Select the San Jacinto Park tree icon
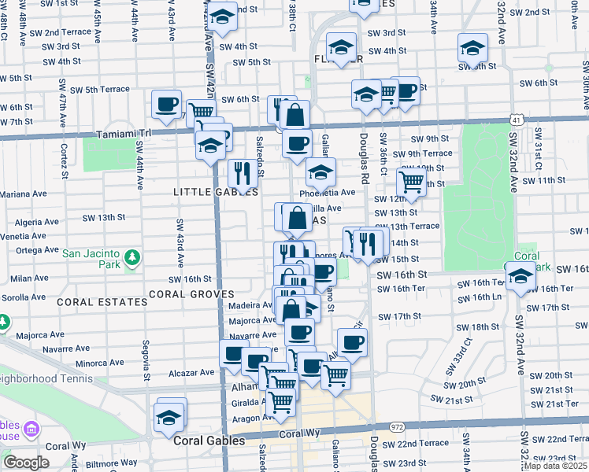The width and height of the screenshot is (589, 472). pyautogui.click(x=133, y=256)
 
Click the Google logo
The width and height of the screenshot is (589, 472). pyautogui.click(x=26, y=462)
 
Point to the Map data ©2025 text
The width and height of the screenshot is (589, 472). pyautogui.click(x=554, y=466)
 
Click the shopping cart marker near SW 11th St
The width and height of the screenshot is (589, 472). pyautogui.click(x=411, y=182)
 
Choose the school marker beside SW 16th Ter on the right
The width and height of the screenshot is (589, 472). pyautogui.click(x=520, y=276)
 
